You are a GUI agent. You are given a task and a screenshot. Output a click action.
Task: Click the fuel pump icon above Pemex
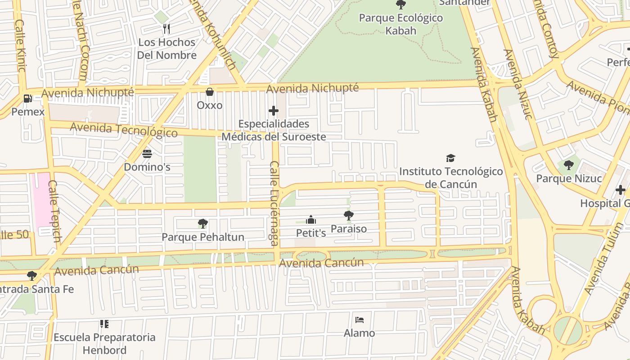[27, 98]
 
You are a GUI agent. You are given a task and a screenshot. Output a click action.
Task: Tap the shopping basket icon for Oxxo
[210, 92]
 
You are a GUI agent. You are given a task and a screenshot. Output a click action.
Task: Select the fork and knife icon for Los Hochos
[166, 29]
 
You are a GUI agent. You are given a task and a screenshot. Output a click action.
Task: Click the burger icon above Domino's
[147, 154]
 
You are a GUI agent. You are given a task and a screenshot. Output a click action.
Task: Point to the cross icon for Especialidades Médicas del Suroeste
[273, 111]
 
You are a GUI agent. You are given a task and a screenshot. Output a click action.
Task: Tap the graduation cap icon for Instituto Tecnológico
[450, 158]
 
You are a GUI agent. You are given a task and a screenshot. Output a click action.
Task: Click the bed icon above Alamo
[359, 320]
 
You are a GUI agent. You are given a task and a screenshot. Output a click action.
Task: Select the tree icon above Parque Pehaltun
[202, 223]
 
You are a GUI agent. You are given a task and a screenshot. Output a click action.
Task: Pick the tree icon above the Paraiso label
[348, 215]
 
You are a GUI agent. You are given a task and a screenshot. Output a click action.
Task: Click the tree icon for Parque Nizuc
[568, 165]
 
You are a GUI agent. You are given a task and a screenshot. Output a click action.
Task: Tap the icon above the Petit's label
[310, 220]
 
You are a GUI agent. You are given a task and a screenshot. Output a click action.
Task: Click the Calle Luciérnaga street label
[274, 203]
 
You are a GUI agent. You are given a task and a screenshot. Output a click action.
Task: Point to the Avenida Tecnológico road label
[124, 130]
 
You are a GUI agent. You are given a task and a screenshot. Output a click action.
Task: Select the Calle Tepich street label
[54, 211]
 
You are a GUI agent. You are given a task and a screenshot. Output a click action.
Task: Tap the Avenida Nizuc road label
[517, 85]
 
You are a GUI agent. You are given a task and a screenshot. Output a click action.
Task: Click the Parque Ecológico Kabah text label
[400, 24]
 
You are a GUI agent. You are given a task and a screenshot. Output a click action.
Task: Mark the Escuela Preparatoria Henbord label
[104, 343]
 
